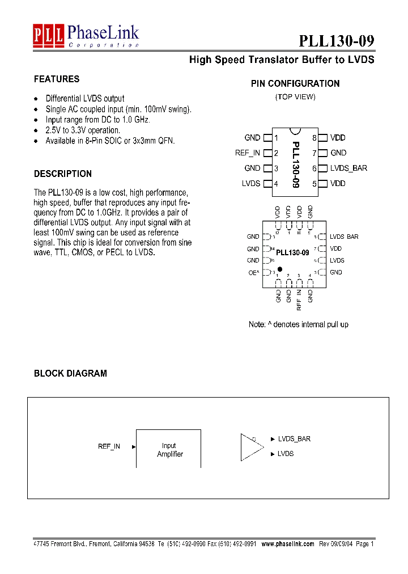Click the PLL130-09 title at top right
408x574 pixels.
point(336,41)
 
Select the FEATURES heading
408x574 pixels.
point(57,79)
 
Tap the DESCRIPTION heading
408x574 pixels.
point(63,174)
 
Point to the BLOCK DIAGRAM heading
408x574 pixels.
point(70,374)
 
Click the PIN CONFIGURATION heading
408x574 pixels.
point(295,84)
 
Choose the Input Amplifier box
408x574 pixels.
point(168,449)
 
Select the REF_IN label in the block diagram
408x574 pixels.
point(109,447)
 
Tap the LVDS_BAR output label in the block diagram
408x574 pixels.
point(294,439)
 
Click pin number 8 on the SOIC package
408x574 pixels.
point(314,138)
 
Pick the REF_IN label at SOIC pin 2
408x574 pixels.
point(248,153)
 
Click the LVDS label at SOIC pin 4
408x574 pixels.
point(251,184)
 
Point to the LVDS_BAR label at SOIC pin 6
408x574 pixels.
point(348,168)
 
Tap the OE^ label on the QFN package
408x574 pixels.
point(253,273)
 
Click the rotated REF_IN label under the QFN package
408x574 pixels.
point(299,299)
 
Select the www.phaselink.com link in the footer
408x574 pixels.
point(288,543)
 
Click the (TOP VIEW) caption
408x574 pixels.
point(295,97)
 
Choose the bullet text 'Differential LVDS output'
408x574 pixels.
point(85,99)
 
